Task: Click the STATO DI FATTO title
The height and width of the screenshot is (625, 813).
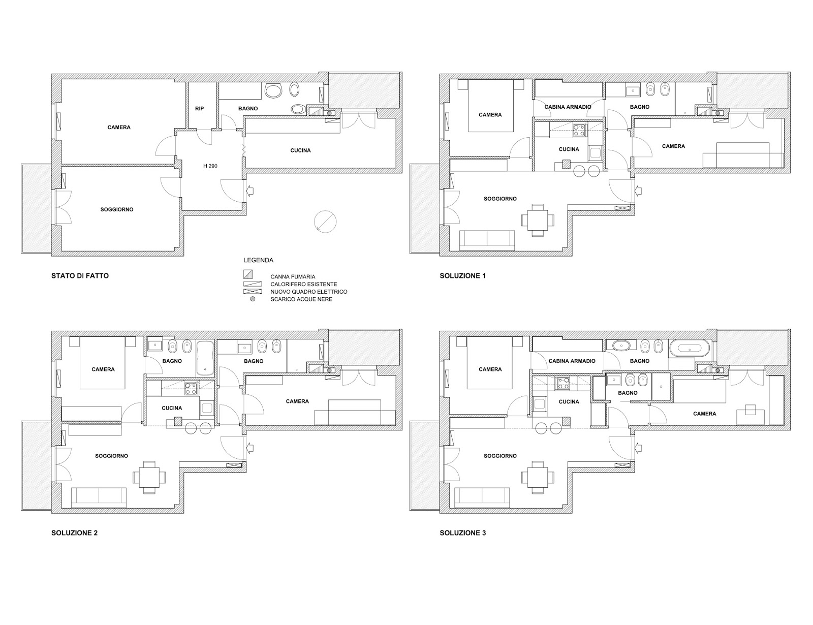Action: tap(80, 276)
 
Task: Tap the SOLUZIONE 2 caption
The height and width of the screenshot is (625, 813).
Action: tap(74, 533)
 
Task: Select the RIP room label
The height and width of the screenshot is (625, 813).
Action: tap(199, 109)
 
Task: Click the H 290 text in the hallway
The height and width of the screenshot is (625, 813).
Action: tap(210, 166)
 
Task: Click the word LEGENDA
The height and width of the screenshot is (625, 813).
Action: tap(258, 260)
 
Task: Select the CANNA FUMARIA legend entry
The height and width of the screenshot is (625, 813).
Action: tap(293, 277)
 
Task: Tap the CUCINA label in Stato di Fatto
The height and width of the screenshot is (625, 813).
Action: tap(300, 150)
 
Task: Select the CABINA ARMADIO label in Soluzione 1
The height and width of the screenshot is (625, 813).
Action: tap(568, 107)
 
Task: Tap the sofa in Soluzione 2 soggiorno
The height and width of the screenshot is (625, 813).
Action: tap(99, 496)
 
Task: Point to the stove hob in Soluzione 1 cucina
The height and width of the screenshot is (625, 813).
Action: tap(579, 131)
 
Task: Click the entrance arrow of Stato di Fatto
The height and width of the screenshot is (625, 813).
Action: tap(250, 191)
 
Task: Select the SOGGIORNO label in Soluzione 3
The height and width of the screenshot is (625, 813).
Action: tap(500, 456)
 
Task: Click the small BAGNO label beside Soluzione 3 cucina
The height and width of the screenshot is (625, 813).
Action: tap(628, 393)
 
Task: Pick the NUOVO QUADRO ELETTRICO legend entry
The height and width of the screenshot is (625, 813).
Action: tap(308, 292)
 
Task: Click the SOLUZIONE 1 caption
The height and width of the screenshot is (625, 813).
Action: tap(462, 276)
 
